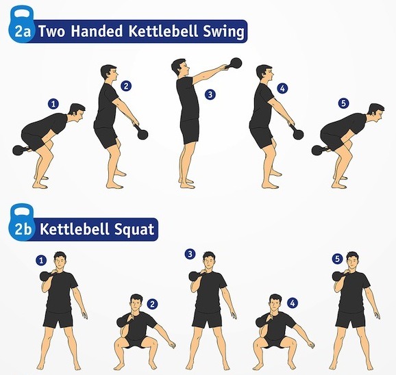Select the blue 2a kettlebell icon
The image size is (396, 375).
pos(21,25)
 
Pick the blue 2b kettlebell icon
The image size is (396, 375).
pos(21,222)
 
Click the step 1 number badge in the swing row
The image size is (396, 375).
pos(53,104)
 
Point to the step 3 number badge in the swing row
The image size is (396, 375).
pos(210,95)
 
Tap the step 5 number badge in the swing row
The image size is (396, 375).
pos(343,103)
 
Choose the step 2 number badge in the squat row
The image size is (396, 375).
pos(152,304)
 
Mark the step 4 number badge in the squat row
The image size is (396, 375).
pos(292,303)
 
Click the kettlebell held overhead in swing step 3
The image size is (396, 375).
pos(236,63)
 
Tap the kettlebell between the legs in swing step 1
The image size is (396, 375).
pos(19,151)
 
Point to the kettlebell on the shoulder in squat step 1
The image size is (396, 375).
pos(46,276)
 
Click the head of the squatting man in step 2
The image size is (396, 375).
pos(136,303)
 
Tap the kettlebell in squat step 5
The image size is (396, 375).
pos(338,276)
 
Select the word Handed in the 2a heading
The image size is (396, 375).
pos(97,31)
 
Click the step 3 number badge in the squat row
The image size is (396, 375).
pos(190,254)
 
